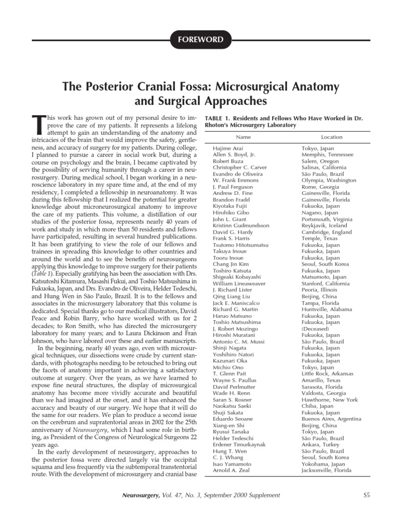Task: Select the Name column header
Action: point(243,138)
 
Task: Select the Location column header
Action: point(332,138)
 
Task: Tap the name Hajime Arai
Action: point(226,148)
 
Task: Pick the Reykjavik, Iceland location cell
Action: point(324,226)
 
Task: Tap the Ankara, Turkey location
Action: point(320,445)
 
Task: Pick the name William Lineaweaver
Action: point(238,283)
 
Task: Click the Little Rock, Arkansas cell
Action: point(327,374)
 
